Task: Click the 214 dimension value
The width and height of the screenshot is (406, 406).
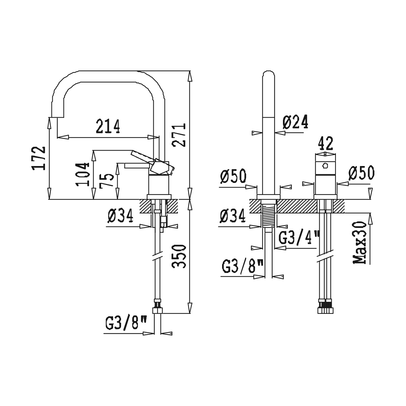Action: [x=108, y=126]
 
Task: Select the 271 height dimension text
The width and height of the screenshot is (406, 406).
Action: [x=179, y=135]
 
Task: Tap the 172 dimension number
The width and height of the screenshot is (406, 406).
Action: [x=39, y=158]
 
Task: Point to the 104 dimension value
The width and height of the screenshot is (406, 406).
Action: [x=83, y=175]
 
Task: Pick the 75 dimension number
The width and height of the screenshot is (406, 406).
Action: [x=107, y=179]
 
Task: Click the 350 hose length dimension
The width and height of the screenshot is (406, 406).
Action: [x=179, y=256]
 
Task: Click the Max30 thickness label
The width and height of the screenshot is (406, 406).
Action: [x=360, y=242]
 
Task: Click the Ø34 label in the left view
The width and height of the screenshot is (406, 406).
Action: [x=120, y=216]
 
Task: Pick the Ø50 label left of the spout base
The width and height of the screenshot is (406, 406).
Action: [x=233, y=176]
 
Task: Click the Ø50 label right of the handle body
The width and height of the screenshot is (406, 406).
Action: [x=361, y=173]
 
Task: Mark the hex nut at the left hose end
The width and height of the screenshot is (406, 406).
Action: [x=157, y=310]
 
